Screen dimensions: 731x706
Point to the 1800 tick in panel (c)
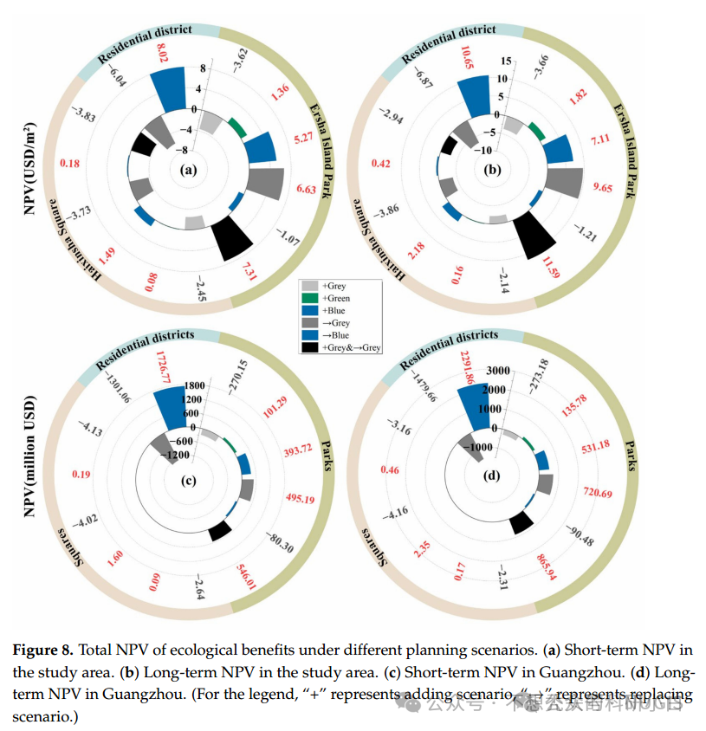193,385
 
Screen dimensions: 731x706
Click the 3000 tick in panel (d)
497,371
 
